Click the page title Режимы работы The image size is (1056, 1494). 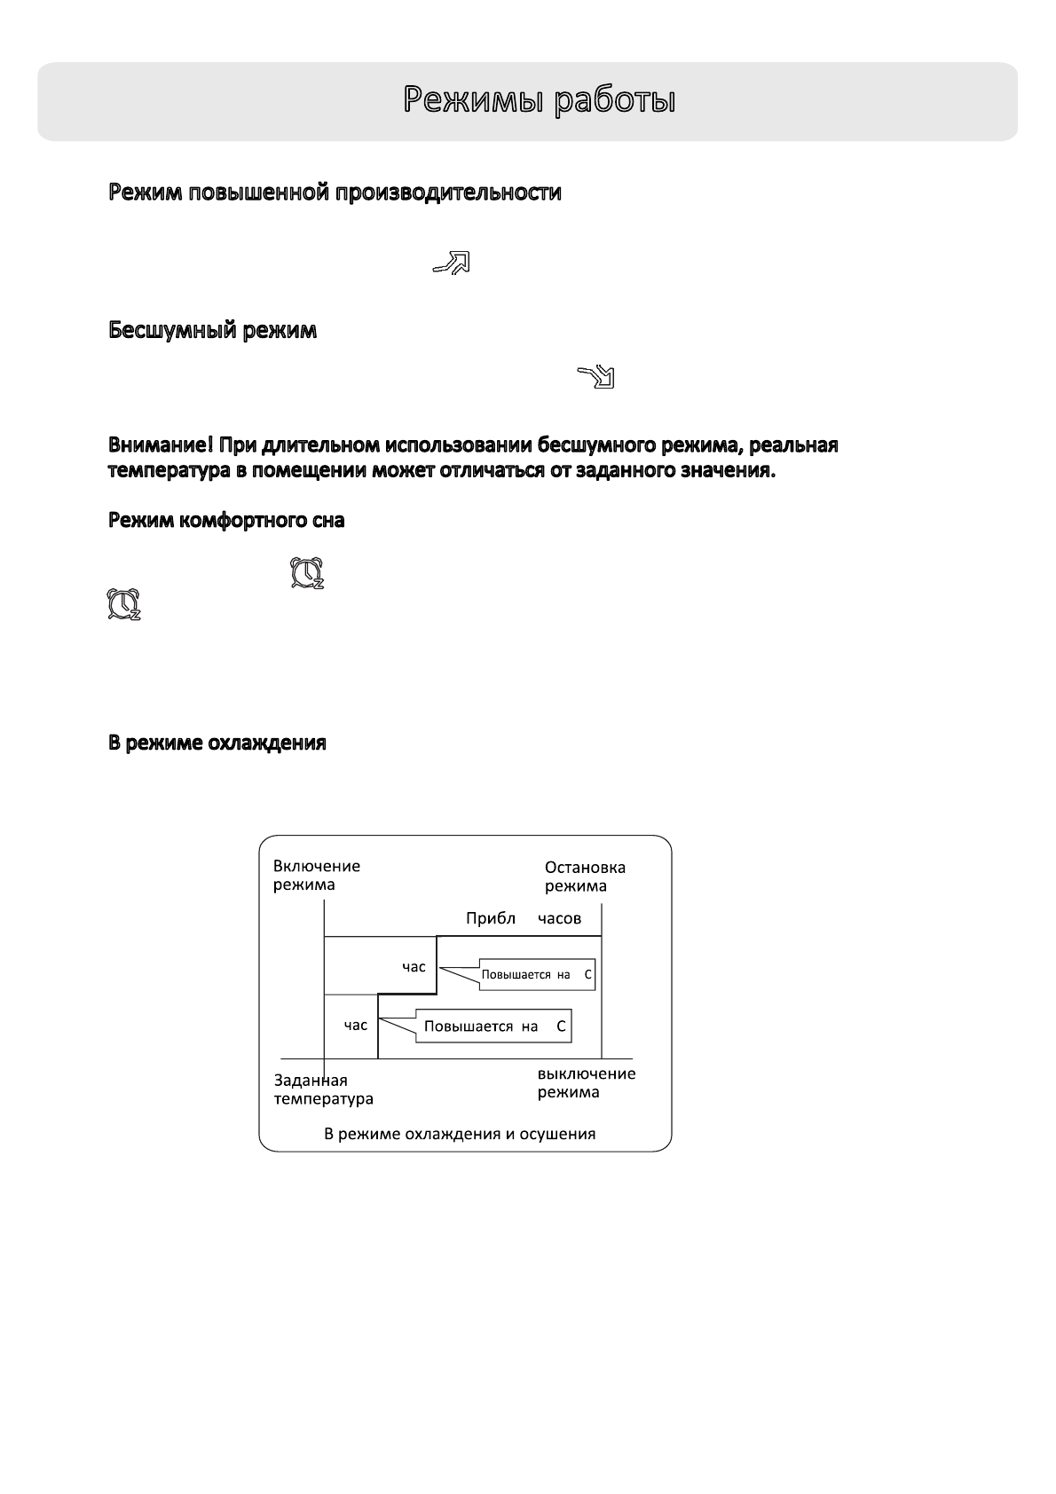(x=540, y=100)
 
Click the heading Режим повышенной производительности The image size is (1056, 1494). (x=335, y=193)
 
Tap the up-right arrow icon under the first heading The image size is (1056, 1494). (x=451, y=262)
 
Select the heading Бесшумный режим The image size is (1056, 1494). (x=212, y=331)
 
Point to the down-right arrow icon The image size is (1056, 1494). (x=596, y=376)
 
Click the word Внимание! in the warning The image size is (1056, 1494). (x=161, y=444)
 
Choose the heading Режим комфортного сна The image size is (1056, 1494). (x=226, y=521)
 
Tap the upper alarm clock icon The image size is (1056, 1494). (x=308, y=573)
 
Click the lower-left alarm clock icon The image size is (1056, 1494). (x=123, y=604)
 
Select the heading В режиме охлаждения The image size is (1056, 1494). (x=217, y=743)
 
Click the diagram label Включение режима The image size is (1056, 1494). (x=316, y=876)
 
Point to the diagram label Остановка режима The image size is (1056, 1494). (x=585, y=877)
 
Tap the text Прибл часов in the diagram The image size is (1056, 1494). (x=524, y=918)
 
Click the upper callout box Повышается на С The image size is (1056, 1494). (x=536, y=975)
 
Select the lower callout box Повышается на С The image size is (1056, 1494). (x=493, y=1026)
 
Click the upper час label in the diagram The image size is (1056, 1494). (x=414, y=967)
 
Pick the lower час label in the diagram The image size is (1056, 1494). (x=355, y=1026)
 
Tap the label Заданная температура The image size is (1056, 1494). (x=323, y=1089)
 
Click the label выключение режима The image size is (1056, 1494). (x=586, y=1082)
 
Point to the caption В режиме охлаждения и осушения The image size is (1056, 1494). (x=460, y=1134)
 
